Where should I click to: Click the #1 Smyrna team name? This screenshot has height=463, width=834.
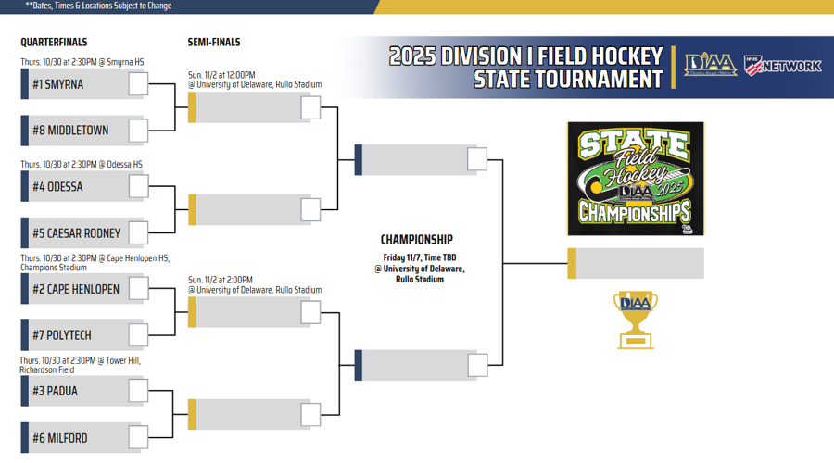pos(58,84)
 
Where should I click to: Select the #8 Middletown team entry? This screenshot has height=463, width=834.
pos(70,131)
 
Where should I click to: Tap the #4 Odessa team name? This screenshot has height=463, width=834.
pos(57,187)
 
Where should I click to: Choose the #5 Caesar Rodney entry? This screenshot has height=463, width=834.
pos(77,233)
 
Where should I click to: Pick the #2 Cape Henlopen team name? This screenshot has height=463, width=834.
pos(76,289)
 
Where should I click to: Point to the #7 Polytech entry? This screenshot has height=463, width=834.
pos(62,335)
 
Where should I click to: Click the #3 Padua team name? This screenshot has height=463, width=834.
pos(55,391)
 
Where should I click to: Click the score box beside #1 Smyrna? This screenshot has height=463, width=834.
pos(138,84)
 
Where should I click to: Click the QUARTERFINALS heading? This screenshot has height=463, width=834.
pos(54,43)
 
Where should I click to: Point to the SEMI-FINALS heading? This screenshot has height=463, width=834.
pos(214,43)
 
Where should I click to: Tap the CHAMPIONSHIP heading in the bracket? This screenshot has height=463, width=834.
pos(417,240)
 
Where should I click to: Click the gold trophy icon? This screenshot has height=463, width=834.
pos(636,319)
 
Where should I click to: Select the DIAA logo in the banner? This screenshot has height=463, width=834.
pos(710,65)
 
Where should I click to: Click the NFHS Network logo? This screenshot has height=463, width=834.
pos(783,65)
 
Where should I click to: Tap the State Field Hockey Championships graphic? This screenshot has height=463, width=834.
pos(636,179)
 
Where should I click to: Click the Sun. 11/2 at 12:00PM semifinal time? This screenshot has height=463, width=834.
pos(221,75)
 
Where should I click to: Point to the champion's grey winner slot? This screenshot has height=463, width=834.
pos(640,263)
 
